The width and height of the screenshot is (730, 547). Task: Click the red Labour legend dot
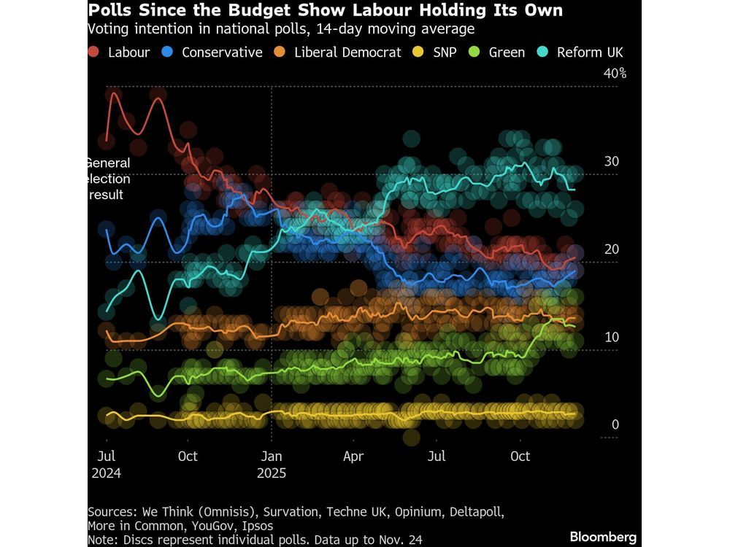[x=94, y=53]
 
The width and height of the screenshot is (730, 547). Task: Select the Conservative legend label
[x=222, y=53]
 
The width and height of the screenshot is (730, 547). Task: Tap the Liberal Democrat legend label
[x=347, y=53]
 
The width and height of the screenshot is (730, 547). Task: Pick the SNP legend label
[x=443, y=53]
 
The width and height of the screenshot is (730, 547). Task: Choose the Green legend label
[x=507, y=53]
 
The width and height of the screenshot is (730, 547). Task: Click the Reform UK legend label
[x=590, y=53]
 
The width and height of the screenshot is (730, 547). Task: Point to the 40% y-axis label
[x=614, y=74]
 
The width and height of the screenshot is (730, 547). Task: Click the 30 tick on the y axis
[x=611, y=161]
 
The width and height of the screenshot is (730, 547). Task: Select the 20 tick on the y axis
[x=611, y=249]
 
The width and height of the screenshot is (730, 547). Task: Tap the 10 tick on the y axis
[x=611, y=337]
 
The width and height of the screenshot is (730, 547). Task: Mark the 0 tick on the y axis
[x=615, y=424]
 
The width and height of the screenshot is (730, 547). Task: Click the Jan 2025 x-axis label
[x=272, y=464]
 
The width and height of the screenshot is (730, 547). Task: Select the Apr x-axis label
[x=353, y=457]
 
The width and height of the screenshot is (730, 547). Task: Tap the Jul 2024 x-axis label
[x=107, y=464]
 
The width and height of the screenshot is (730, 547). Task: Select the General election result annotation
[x=108, y=179]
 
